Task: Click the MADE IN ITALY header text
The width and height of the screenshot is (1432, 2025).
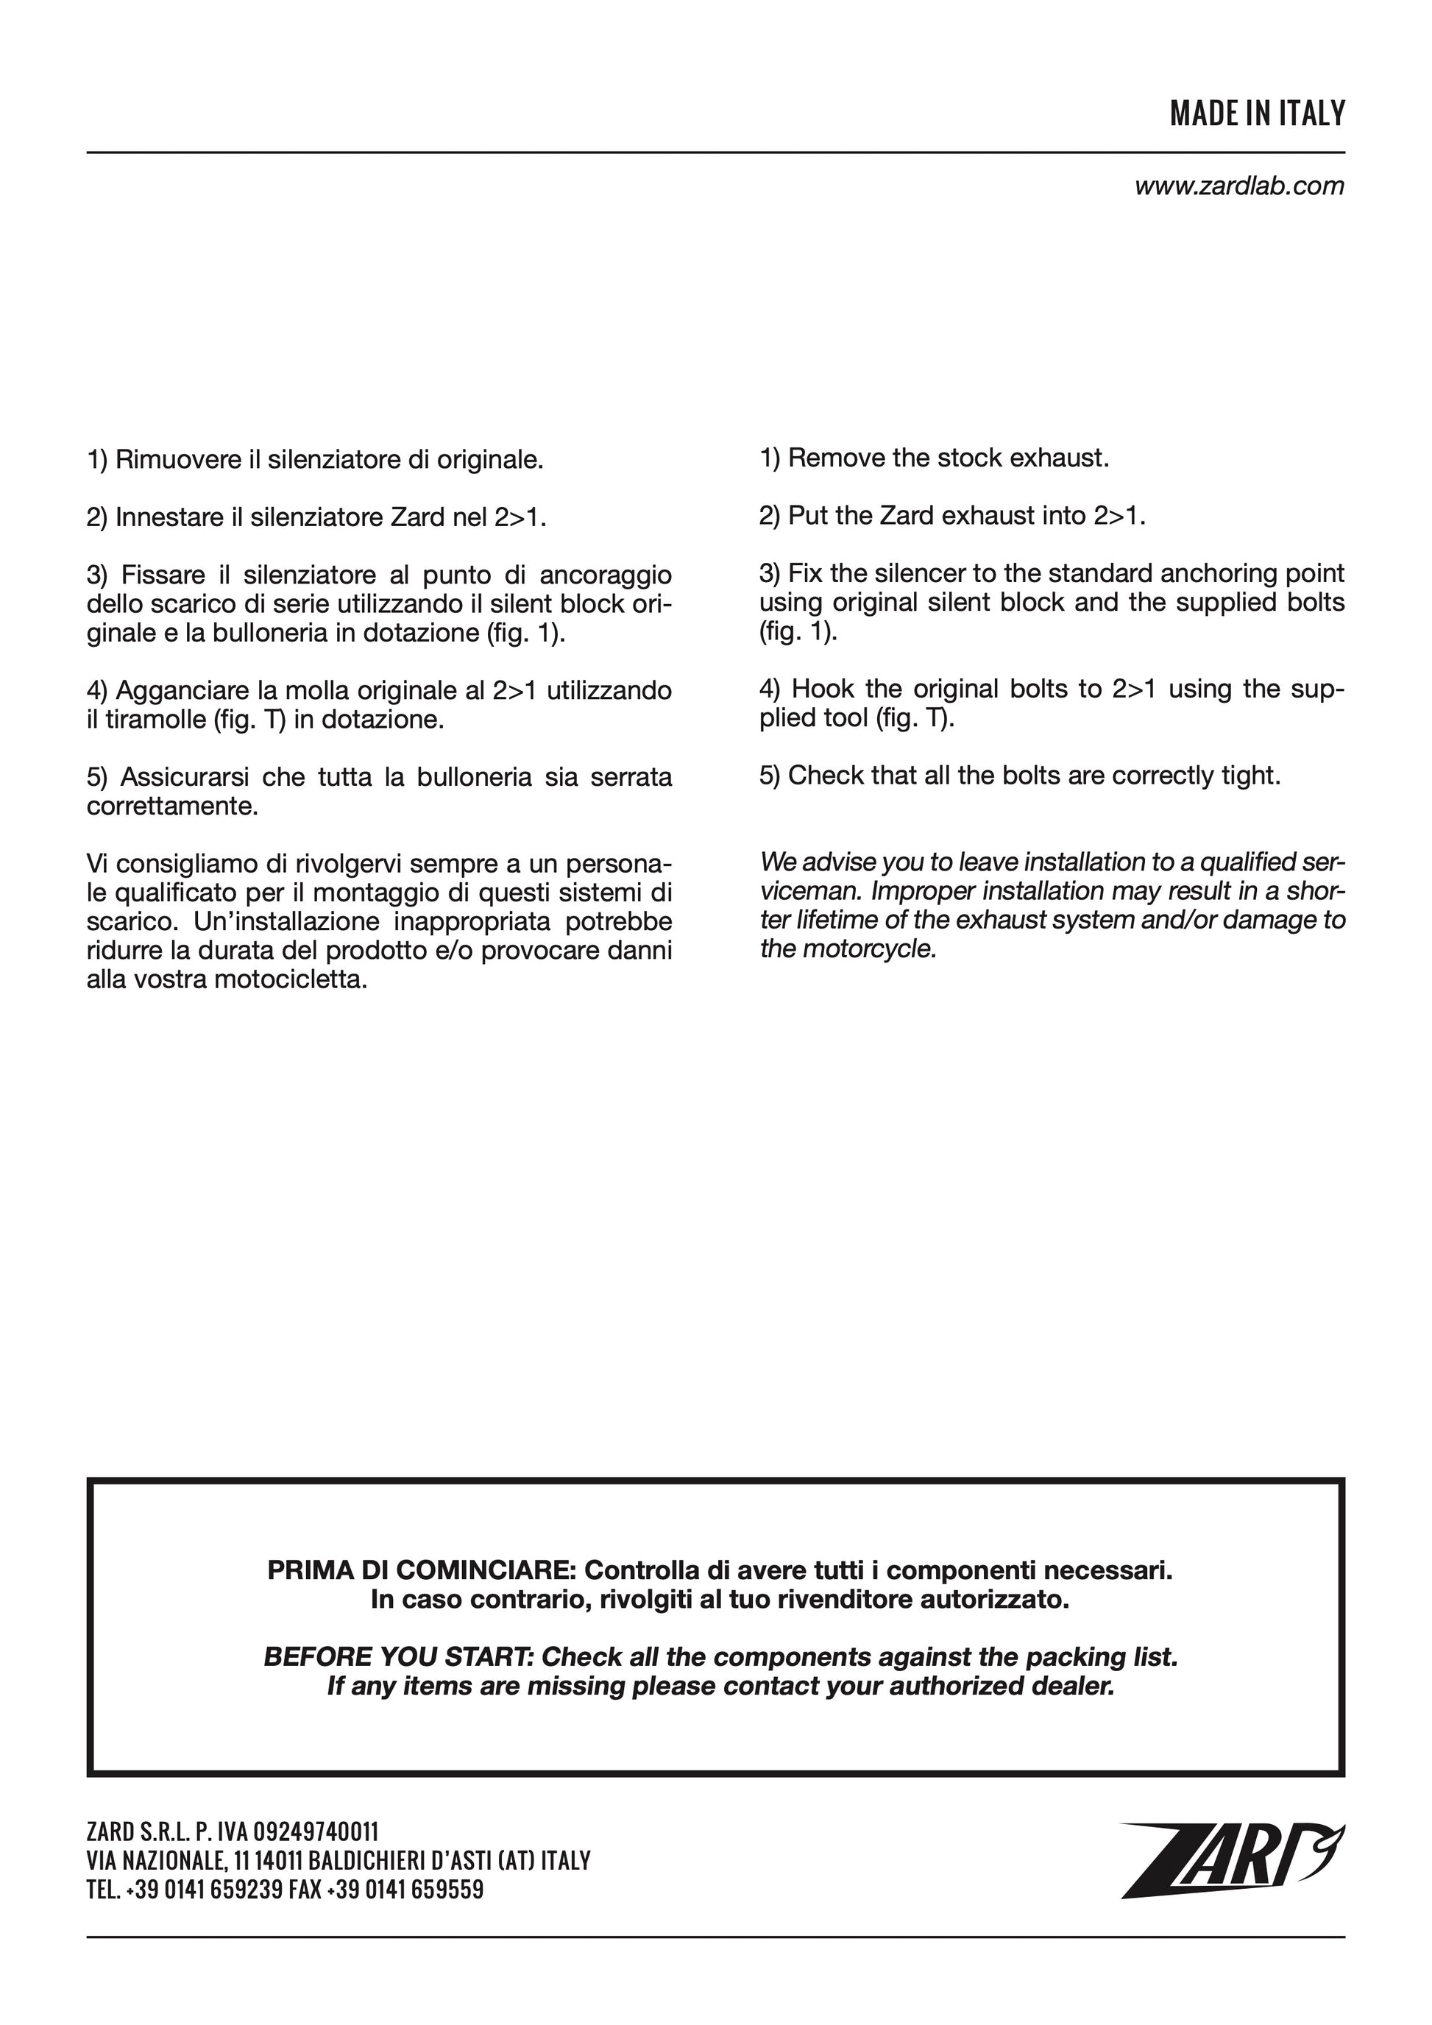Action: pyautogui.click(x=1257, y=114)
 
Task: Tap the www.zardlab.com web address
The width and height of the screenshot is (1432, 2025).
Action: pyautogui.click(x=1239, y=186)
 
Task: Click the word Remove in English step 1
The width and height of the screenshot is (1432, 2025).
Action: pyautogui.click(x=836, y=458)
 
